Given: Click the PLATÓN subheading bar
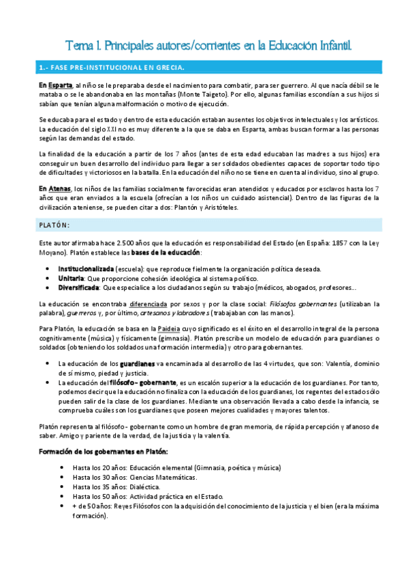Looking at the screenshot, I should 56,225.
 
